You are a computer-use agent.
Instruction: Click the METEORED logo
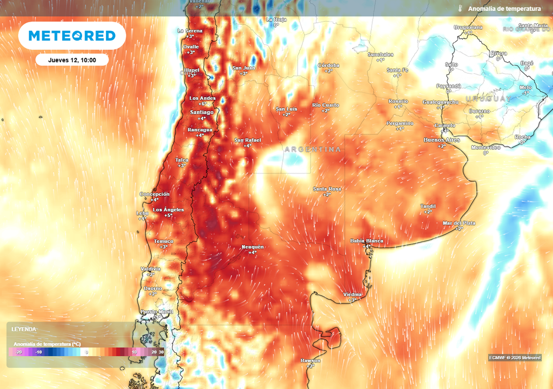tap(72, 36)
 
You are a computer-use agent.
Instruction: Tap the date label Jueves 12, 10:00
tap(72, 60)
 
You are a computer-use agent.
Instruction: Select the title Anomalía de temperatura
tap(504, 9)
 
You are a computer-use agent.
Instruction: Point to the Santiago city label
tap(202, 112)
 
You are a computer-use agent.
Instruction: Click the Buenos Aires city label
tap(442, 140)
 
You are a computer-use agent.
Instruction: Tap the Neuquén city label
tap(252, 246)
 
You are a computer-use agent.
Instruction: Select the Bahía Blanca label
tap(367, 240)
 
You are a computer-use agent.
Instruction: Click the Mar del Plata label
tap(459, 223)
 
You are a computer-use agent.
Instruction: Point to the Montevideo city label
tap(485, 147)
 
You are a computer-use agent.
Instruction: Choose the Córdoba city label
tap(329, 65)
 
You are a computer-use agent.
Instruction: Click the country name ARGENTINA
tap(313, 149)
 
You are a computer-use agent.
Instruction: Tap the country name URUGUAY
tap(488, 99)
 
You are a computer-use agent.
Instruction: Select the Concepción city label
tap(154, 194)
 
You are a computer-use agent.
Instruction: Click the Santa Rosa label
tap(327, 189)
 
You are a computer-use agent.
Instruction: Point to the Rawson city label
tap(311, 360)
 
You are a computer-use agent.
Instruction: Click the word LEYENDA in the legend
tap(24, 329)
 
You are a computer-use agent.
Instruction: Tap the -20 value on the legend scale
tap(19, 352)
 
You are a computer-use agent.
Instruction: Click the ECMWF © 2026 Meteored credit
tap(514, 358)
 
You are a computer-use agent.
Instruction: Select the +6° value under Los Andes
tap(202, 104)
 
